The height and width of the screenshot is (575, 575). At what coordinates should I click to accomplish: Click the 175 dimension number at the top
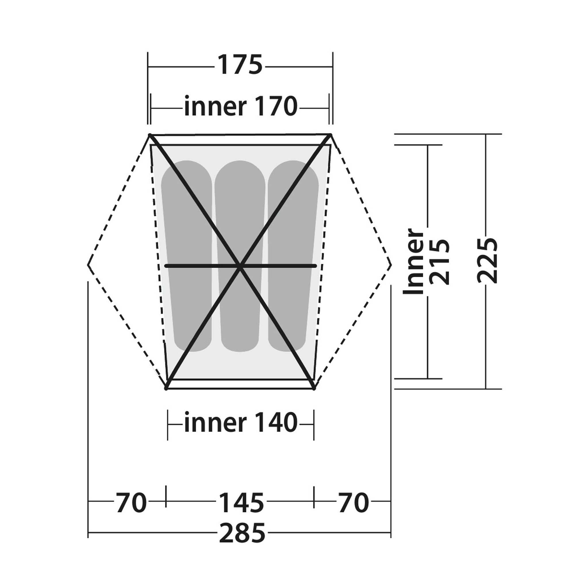240,65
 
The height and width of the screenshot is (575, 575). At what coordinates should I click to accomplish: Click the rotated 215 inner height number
439,262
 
